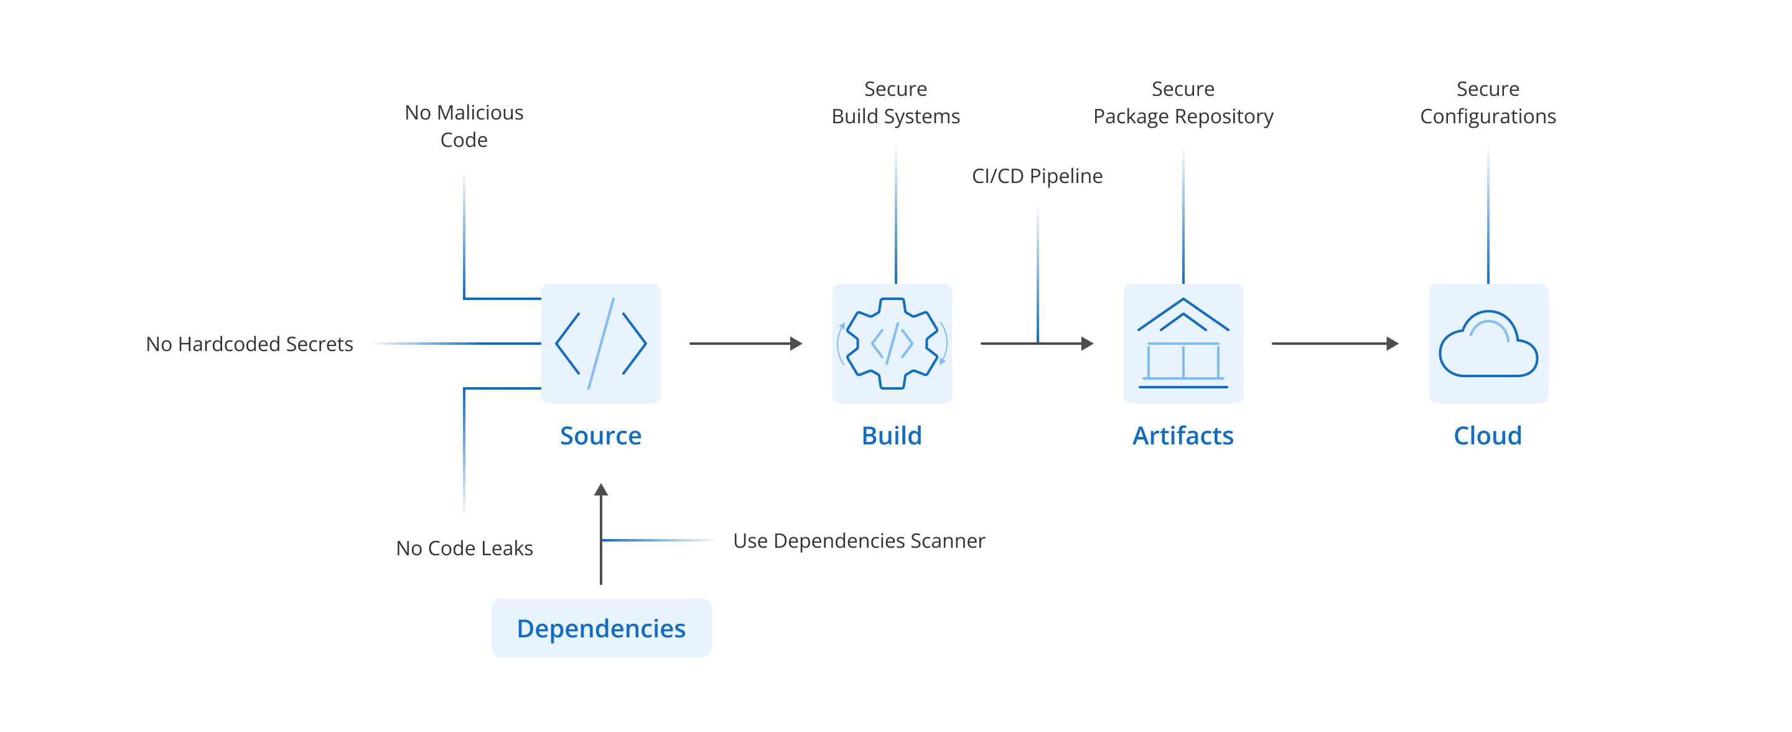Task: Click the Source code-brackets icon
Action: pos(601,343)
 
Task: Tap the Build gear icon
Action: pos(892,343)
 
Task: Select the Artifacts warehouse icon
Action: pos(1183,343)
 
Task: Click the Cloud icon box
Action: pos(1488,343)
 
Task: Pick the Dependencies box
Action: pos(601,627)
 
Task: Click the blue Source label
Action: pos(601,436)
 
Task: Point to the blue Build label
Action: pos(892,436)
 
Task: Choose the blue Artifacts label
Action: pos(1183,436)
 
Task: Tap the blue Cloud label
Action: pos(1488,436)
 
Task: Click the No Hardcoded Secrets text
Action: pos(250,344)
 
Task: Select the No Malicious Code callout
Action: pos(464,126)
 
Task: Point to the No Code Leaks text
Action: pos(465,548)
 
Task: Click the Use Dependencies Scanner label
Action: pos(859,541)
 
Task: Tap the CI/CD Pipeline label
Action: pos(1037,176)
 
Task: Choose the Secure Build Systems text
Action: pos(896,102)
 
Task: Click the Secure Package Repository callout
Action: pos(1183,102)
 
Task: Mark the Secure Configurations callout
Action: pos(1488,102)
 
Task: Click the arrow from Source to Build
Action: pos(746,343)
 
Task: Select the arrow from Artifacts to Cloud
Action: pos(1335,343)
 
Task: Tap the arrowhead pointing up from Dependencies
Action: pos(601,489)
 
